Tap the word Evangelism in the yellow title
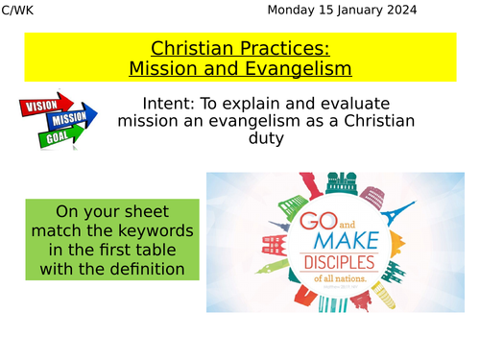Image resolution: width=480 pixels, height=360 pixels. tap(298, 69)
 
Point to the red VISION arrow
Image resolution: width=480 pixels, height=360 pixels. tap(44, 103)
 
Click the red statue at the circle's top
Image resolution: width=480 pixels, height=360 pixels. tap(310, 184)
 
